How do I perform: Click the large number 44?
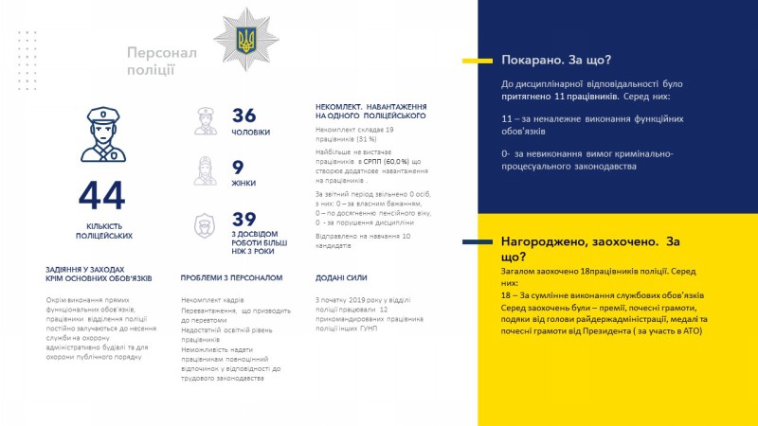pos(102,196)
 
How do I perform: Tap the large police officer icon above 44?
pos(102,135)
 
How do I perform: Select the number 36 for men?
pos(244,115)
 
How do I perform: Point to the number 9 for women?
pos(238,167)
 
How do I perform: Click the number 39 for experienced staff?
pos(244,219)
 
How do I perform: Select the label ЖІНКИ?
pos(244,184)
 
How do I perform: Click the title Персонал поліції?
pos(162,61)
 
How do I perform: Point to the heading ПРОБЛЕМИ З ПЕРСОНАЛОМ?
pos(231,278)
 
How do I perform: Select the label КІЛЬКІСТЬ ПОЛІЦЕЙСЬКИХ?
pos(103,230)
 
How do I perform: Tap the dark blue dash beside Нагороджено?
pos(475,242)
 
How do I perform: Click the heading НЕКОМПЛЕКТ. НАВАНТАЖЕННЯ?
pos(370,111)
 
